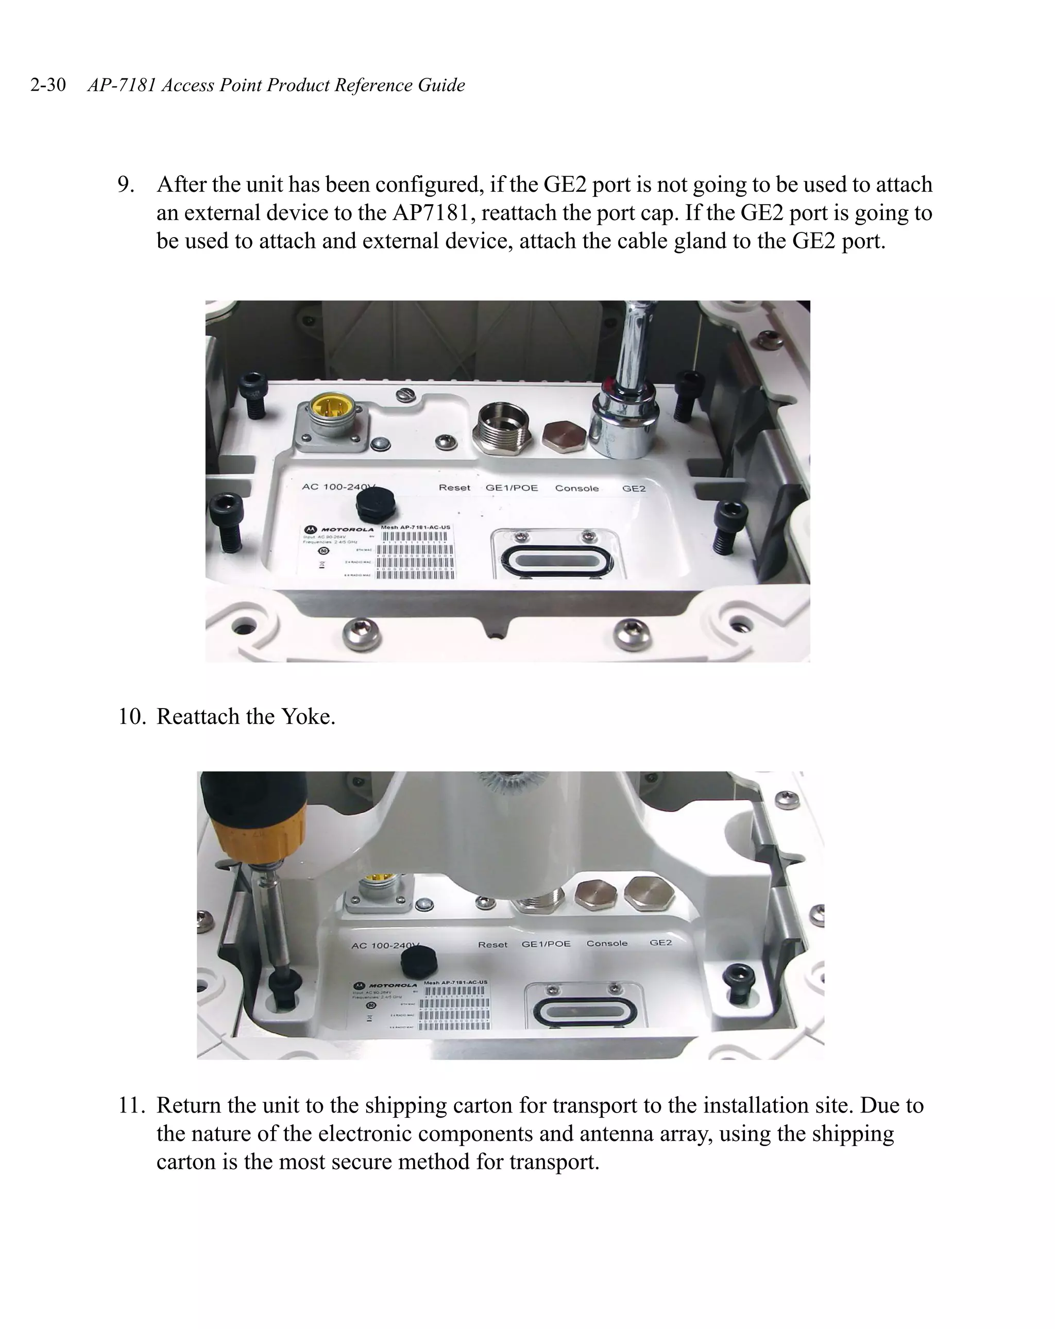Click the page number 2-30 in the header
tap(48, 85)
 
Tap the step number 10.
tap(131, 716)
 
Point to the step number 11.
tap(131, 1105)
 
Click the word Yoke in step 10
tap(308, 716)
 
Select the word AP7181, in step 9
tap(434, 213)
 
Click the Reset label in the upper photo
tap(454, 487)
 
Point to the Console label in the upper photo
tap(576, 488)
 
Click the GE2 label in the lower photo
tap(660, 943)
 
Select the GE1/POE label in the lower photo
tap(546, 944)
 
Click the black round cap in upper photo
tap(376, 502)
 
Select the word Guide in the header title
tap(441, 85)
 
